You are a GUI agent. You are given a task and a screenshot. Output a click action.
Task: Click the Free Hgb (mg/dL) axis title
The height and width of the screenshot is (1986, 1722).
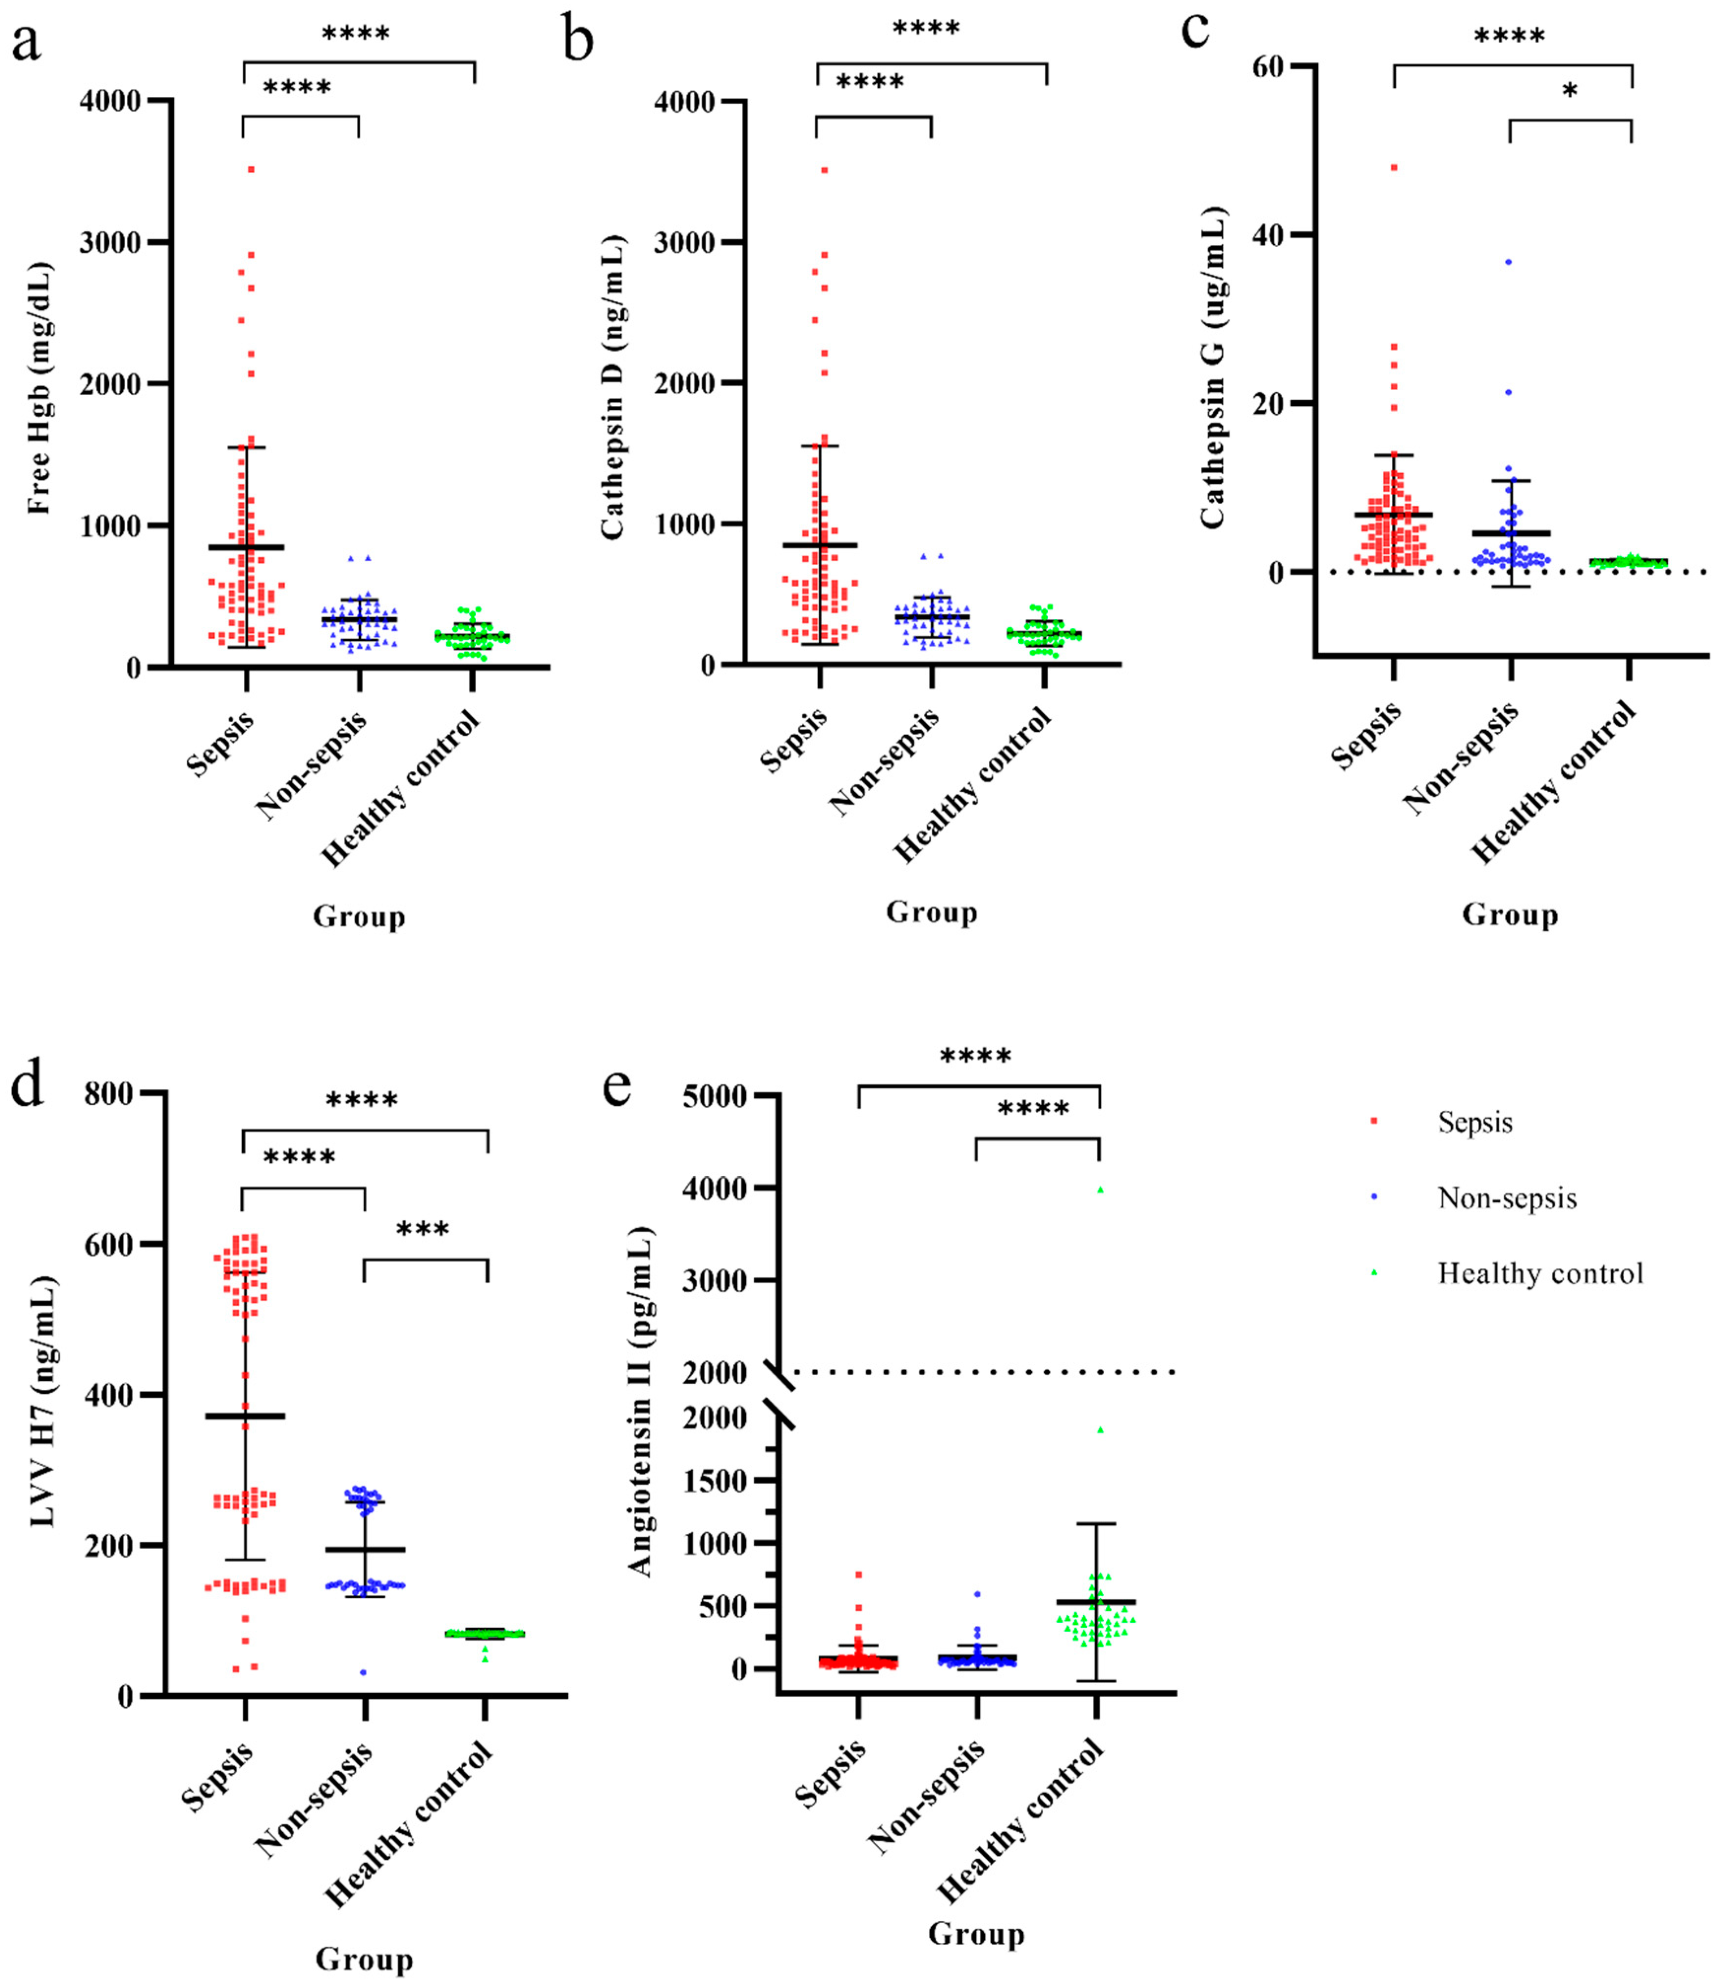(38, 387)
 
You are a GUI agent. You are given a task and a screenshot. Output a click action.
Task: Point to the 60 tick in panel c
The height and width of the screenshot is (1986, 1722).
(1268, 66)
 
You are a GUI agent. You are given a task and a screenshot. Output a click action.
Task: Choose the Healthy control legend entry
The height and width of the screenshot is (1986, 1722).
(1539, 1274)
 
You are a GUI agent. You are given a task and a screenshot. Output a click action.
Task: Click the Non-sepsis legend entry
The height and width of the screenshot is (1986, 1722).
(1506, 1198)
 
